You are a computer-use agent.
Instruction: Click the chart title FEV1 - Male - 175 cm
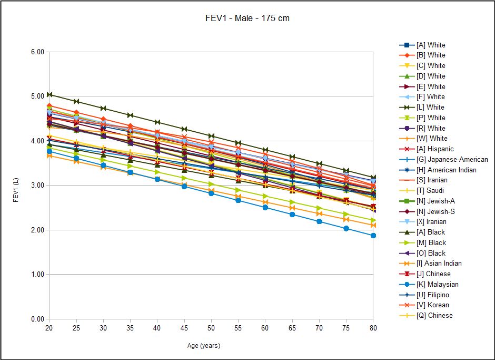(247, 18)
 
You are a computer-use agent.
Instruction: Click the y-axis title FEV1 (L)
(16, 185)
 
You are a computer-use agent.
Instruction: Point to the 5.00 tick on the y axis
(37, 96)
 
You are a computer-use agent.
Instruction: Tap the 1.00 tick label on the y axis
(37, 275)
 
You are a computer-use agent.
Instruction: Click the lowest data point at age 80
(373, 236)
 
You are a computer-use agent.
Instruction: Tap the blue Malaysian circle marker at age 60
(265, 207)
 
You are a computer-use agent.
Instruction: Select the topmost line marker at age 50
(211, 136)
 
